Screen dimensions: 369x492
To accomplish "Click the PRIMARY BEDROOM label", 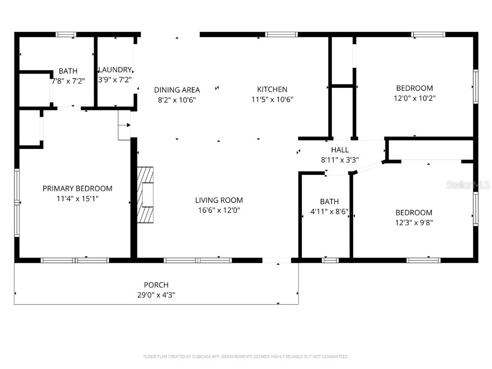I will tap(77, 188).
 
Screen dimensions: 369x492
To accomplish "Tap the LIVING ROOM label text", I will tap(219, 200).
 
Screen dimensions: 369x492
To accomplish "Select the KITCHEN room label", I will tap(272, 89).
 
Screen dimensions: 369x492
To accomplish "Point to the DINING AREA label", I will tap(177, 90).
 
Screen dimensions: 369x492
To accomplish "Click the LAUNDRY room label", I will tap(115, 70).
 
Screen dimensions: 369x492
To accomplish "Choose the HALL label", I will tap(340, 150).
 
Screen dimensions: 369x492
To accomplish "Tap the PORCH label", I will tap(156, 285).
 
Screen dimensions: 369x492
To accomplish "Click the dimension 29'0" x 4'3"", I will tap(156, 295).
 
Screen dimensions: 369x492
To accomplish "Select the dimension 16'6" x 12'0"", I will tap(219, 210).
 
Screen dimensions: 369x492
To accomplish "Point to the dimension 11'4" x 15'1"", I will tap(77, 198).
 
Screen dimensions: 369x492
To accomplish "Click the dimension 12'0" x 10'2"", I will tap(414, 98).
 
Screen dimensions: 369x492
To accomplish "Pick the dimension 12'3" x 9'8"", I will tap(414, 222).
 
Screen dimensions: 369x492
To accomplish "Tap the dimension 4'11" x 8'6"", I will tap(329, 211).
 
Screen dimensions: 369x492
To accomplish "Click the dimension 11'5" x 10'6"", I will tap(272, 99).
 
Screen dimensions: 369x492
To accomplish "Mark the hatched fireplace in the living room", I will tap(146, 195).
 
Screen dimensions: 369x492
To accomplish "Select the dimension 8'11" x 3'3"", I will tap(340, 160).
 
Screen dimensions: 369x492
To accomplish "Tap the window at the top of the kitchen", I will tap(282, 34).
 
